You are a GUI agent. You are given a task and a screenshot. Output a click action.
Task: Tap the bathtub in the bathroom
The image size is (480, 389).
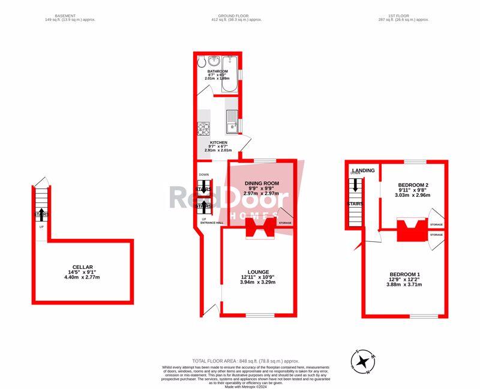(x=229, y=74)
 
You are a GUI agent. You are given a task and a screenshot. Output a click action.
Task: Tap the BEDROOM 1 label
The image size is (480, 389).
(x=404, y=274)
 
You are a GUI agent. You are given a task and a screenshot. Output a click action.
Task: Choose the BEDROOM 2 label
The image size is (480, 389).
(x=413, y=185)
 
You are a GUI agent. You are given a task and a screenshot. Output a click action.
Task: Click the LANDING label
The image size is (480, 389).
(x=364, y=171)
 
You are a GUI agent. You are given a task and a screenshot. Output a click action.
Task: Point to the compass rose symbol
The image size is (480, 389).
(x=363, y=362)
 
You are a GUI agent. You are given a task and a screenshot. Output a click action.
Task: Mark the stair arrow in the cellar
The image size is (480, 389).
(x=41, y=214)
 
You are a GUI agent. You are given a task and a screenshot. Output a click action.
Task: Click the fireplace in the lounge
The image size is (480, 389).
(x=261, y=228)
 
